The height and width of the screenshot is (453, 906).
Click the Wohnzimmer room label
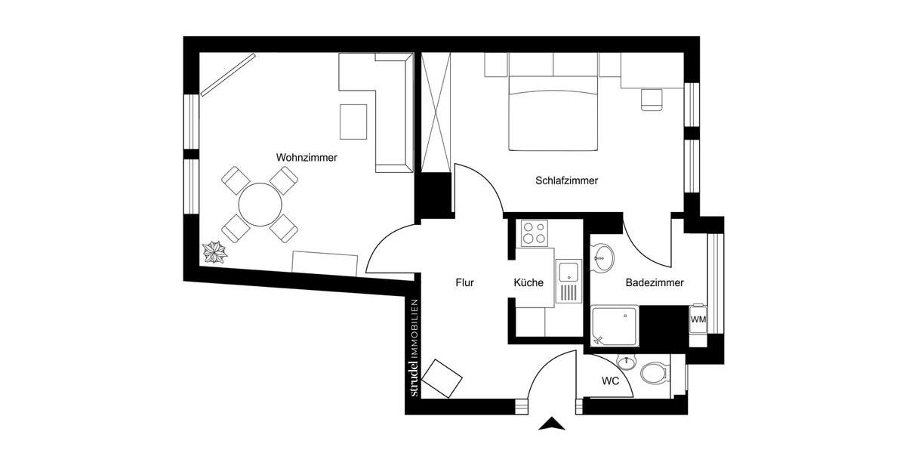[307, 158]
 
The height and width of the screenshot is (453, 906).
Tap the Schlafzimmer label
[566, 180]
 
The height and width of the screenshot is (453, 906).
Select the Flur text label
[464, 283]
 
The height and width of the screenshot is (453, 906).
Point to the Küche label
[528, 283]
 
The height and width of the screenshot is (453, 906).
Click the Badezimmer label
[655, 283]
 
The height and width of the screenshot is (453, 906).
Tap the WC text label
[610, 381]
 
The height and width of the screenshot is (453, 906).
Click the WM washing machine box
[698, 319]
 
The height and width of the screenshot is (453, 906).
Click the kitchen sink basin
[568, 270]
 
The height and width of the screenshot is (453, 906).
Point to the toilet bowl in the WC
[653, 372]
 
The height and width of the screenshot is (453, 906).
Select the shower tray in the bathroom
[615, 325]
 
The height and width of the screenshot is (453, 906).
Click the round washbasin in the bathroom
[602, 257]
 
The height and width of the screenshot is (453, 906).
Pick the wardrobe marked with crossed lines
[436, 112]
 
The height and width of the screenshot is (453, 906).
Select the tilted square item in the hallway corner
[442, 377]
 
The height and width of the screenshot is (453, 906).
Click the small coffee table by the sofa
[353, 121]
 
